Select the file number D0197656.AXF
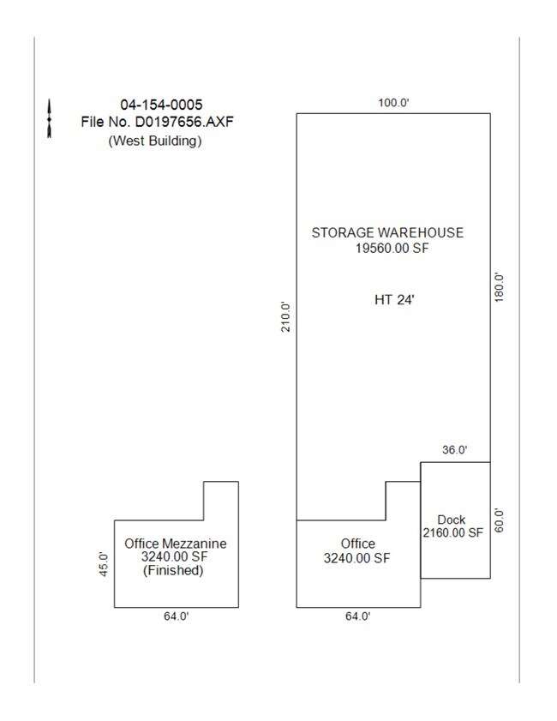157,123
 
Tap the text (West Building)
155,141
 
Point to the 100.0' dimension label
393,103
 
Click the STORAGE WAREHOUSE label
387,232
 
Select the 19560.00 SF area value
387,249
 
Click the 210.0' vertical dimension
287,315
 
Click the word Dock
451,520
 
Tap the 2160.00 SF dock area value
452,532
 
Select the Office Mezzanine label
175,544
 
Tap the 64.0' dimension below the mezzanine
176,616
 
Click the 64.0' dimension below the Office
357,616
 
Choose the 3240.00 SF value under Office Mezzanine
175,557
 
